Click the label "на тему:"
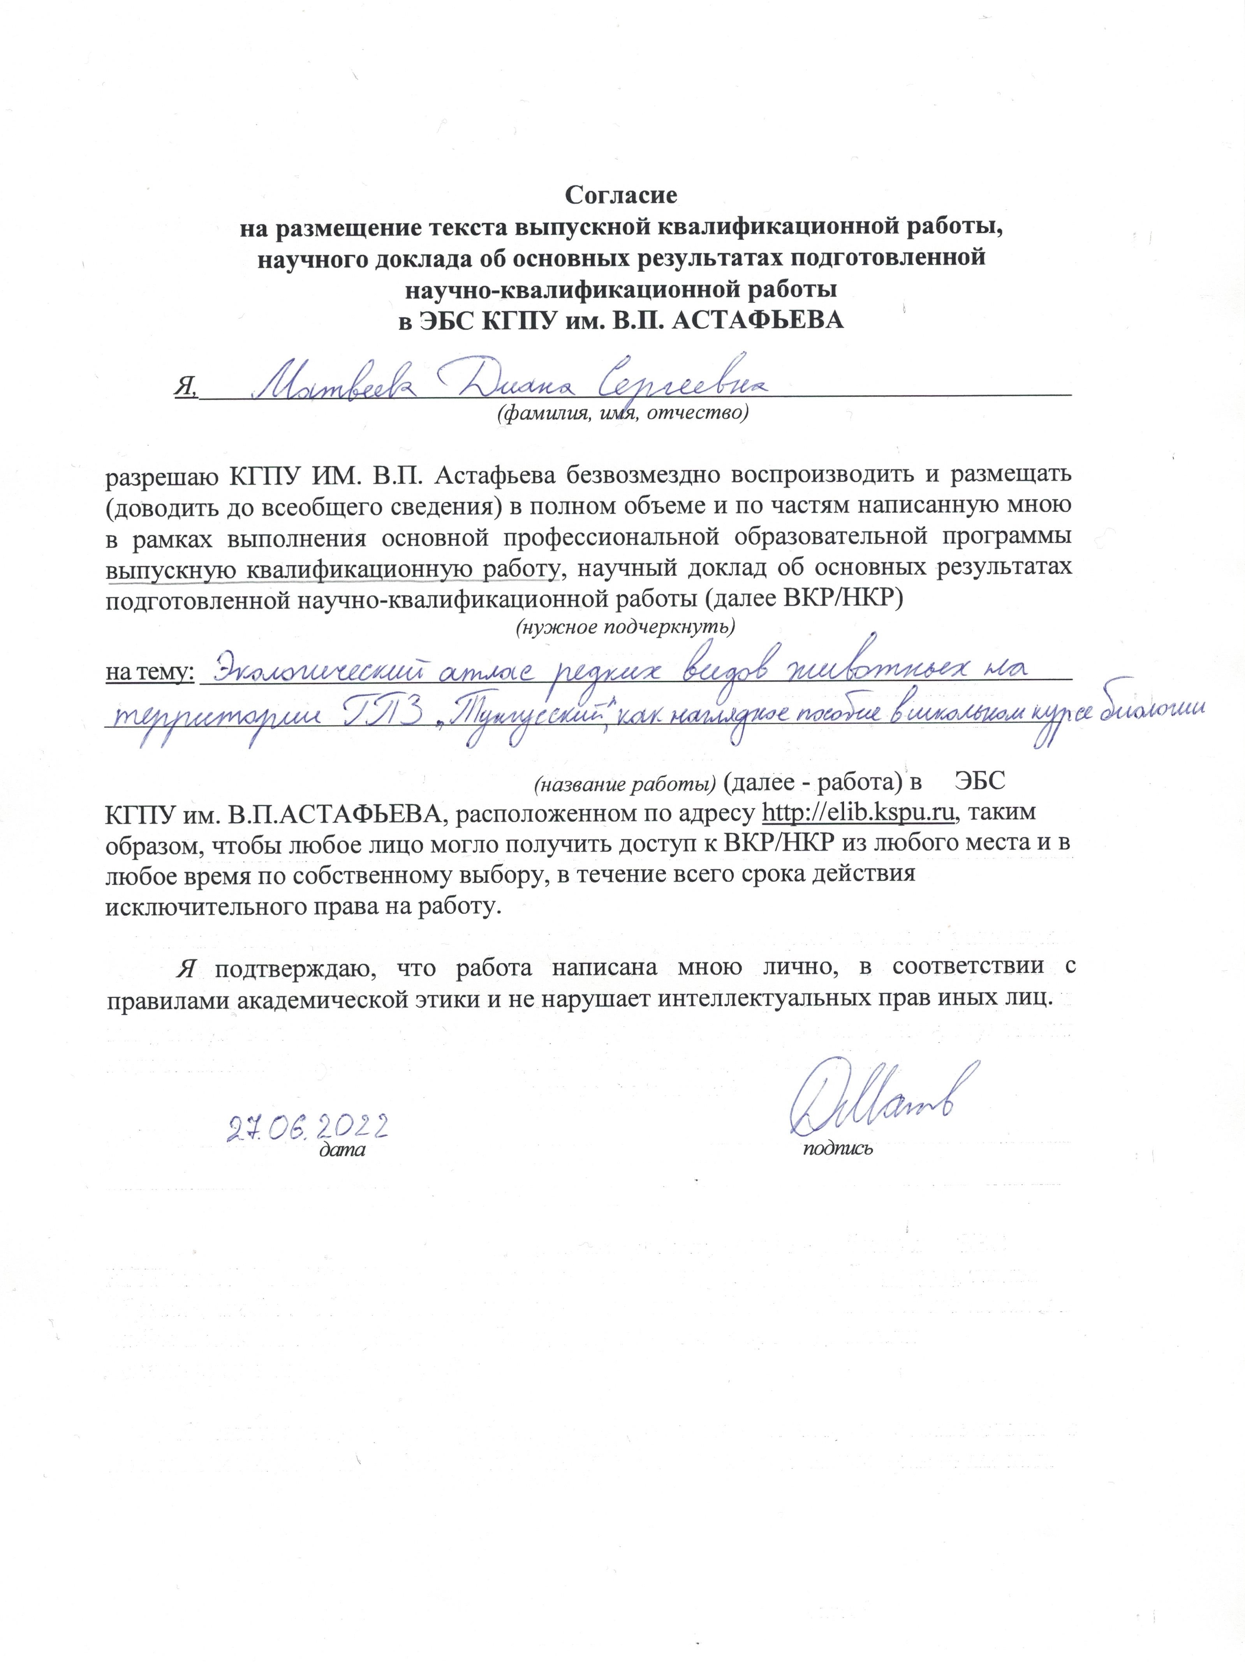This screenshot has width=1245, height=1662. click(x=150, y=672)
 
